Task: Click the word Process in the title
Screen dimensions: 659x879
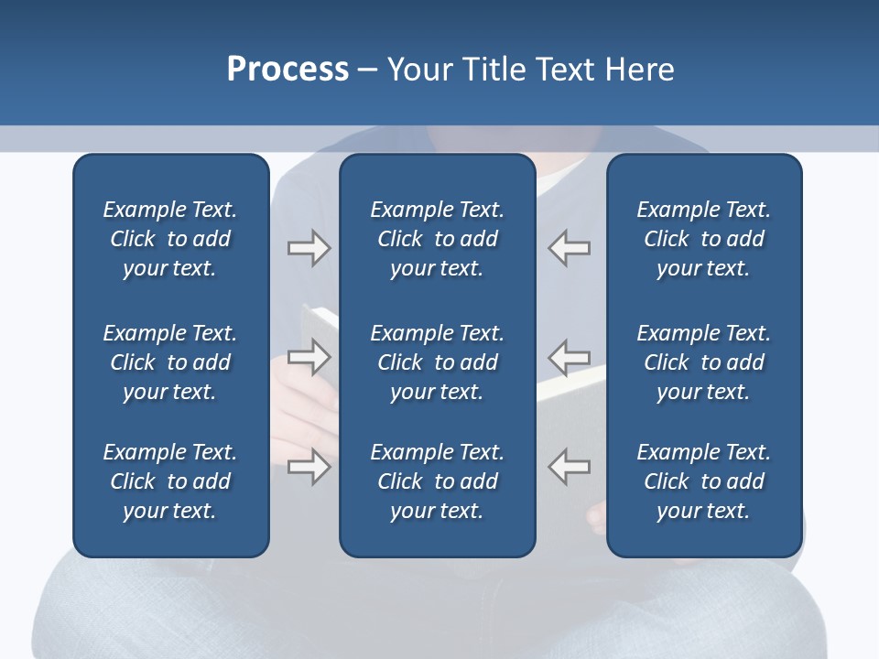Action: click(x=288, y=70)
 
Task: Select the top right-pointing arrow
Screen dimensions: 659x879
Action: click(x=309, y=248)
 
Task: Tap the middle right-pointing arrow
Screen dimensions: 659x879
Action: click(x=309, y=357)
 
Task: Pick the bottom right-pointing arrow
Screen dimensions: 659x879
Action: click(x=309, y=467)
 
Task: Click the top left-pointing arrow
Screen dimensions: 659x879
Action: click(x=570, y=248)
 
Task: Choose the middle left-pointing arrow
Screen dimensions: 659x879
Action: click(x=570, y=357)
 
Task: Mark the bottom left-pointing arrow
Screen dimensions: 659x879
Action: click(x=570, y=467)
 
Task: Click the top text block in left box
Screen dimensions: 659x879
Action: click(x=170, y=239)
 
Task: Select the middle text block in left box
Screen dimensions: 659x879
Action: click(x=170, y=362)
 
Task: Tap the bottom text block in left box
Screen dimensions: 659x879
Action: click(x=170, y=481)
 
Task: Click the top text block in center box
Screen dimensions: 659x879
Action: click(x=437, y=239)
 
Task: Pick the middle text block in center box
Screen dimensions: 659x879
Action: click(x=437, y=362)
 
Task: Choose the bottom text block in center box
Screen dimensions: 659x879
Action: click(x=437, y=481)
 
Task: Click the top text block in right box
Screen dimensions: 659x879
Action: click(x=703, y=239)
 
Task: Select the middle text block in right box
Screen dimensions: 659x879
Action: click(x=703, y=362)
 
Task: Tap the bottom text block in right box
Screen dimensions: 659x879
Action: click(x=703, y=481)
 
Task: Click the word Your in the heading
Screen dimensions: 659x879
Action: click(x=418, y=70)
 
